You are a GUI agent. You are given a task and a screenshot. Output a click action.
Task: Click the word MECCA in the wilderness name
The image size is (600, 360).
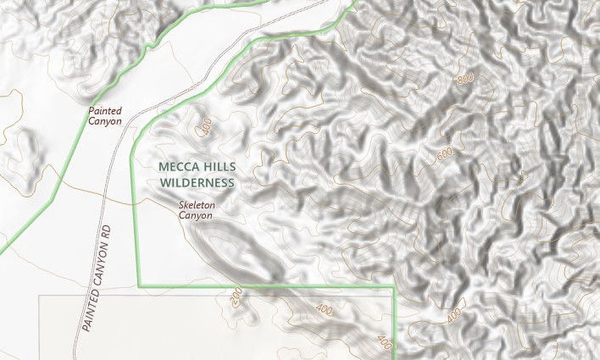point(176,167)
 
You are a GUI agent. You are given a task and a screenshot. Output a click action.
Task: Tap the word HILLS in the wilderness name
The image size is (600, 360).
point(216,167)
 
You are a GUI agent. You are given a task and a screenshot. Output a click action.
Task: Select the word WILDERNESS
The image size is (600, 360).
point(196,182)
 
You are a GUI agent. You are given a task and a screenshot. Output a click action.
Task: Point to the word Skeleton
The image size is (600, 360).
point(197,205)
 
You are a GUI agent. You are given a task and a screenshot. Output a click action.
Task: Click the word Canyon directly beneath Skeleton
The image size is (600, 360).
point(196,216)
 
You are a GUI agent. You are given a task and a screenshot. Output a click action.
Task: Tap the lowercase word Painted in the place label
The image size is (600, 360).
point(106,111)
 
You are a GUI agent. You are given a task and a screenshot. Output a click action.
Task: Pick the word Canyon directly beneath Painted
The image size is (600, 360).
point(105,122)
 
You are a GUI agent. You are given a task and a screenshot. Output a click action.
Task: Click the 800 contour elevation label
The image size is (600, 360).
point(464,80)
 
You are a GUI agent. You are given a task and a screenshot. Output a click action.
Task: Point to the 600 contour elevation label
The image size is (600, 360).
point(446,156)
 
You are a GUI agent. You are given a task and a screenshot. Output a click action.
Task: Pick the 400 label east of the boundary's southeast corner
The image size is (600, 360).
point(454,315)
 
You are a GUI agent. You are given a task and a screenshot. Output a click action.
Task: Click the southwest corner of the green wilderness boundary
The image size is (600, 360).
point(140,286)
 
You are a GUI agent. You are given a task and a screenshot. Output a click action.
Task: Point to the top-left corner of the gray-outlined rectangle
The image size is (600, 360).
point(40,296)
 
